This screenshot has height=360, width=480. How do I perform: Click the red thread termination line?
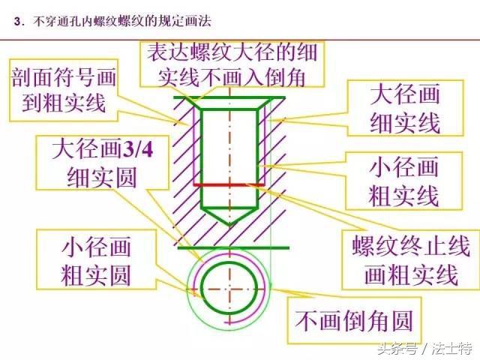229,185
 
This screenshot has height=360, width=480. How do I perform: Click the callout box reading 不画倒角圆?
354,320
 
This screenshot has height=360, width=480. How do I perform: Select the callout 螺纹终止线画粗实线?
411,259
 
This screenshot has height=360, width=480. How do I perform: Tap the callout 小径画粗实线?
403,181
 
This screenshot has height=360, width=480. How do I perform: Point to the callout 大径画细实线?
405,108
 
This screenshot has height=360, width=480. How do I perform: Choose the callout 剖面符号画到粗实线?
64,90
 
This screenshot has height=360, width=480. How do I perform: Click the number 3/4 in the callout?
137,149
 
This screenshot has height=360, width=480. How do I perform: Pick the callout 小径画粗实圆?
97,259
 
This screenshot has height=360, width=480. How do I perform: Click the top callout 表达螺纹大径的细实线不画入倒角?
232,64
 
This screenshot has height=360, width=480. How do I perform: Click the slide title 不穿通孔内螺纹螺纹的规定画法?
122,22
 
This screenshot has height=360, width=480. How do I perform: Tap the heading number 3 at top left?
17,22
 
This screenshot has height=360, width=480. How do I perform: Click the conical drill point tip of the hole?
229,226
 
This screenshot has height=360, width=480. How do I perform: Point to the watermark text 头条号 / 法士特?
425,348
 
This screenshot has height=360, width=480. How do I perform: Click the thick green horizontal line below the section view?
233,247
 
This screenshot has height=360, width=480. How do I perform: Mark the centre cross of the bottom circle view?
229,289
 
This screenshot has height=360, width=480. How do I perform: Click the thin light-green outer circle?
271,289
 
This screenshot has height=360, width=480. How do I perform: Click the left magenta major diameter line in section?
194,147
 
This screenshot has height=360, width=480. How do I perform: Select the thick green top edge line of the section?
229,98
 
